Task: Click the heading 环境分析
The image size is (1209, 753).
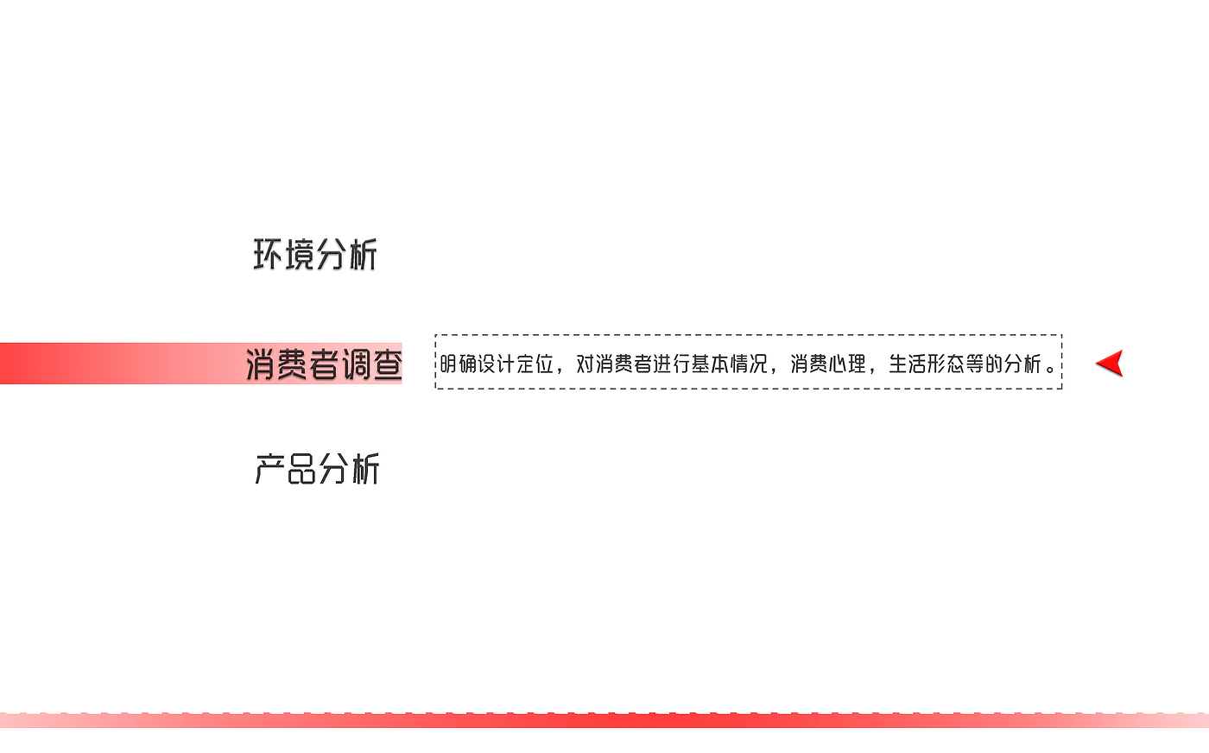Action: (x=315, y=255)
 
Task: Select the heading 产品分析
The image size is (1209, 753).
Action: (x=317, y=469)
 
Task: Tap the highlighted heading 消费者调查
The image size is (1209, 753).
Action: (x=324, y=364)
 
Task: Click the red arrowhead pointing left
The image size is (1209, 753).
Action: (x=1110, y=364)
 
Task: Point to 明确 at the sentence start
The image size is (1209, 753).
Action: (x=459, y=364)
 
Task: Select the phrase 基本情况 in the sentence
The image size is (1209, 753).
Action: (x=729, y=364)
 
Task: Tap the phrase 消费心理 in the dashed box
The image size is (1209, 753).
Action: (x=828, y=364)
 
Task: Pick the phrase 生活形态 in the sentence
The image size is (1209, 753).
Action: (x=927, y=364)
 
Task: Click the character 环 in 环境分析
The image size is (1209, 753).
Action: (x=268, y=255)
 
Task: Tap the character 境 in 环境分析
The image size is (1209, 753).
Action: (x=299, y=255)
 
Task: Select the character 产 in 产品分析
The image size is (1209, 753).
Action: (x=269, y=469)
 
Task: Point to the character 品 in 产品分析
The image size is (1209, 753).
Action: (x=301, y=469)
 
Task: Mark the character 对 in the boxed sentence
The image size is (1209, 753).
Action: (x=586, y=364)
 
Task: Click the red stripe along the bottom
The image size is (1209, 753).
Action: (x=604, y=720)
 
